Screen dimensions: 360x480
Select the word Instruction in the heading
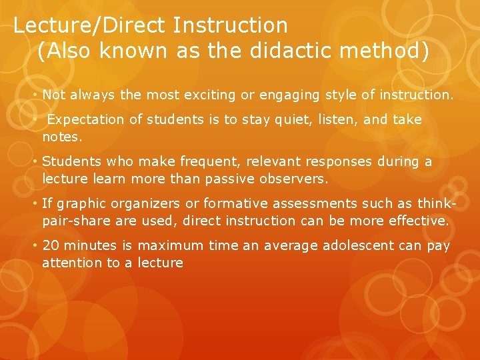pyautogui.click(x=230, y=25)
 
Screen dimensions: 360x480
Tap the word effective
pyautogui.click(x=417, y=221)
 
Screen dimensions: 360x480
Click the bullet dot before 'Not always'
pyautogui.click(x=36, y=95)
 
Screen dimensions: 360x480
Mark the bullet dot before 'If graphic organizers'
pyautogui.click(x=36, y=204)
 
